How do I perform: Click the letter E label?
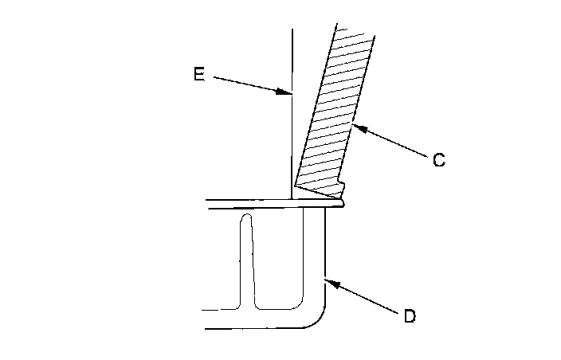click(x=199, y=74)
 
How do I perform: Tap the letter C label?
click(x=438, y=160)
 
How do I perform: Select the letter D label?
click(x=409, y=316)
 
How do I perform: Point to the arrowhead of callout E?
click(x=288, y=93)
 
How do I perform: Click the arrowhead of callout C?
click(x=353, y=124)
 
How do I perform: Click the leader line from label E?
click(x=247, y=84)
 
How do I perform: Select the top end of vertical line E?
click(x=292, y=30)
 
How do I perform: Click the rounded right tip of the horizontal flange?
click(x=343, y=204)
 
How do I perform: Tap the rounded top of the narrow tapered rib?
click(x=248, y=216)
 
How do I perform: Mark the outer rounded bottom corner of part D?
click(x=317, y=319)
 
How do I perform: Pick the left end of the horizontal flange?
click(x=206, y=204)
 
